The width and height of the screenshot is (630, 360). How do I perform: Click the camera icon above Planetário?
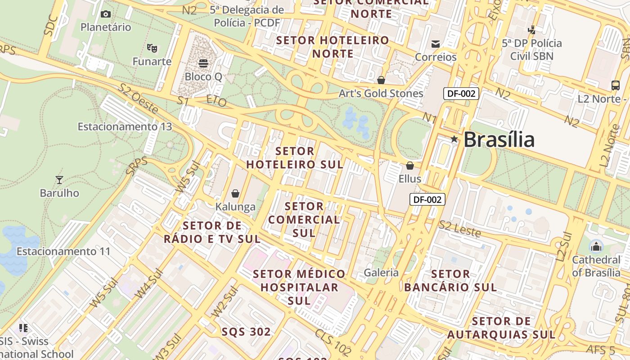tap(106, 14)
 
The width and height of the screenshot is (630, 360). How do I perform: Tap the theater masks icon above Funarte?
tap(152, 47)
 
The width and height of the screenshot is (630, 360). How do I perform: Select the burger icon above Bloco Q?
tap(203, 63)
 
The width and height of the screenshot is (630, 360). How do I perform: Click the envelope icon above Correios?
tap(435, 44)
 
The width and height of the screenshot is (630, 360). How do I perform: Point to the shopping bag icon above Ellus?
tap(409, 166)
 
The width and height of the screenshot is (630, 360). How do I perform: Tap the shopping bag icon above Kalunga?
tap(235, 193)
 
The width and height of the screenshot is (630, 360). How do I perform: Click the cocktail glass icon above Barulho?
tap(59, 180)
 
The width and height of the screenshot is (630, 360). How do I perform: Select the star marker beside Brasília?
tap(454, 139)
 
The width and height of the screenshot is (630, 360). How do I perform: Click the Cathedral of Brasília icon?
tap(596, 246)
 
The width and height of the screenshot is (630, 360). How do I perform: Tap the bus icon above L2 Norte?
tap(615, 85)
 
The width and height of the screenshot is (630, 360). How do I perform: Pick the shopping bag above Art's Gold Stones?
tap(381, 80)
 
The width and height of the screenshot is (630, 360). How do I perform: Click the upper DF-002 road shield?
tap(461, 94)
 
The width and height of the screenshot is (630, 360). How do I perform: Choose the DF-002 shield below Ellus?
tap(427, 199)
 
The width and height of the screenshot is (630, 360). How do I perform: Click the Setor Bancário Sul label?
tap(450, 280)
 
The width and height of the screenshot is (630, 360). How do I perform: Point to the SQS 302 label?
tap(246, 332)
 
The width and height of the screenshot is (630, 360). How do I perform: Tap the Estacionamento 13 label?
tap(125, 126)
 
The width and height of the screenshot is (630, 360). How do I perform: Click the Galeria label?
tap(381, 272)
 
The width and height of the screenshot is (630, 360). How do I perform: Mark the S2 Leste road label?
tap(460, 229)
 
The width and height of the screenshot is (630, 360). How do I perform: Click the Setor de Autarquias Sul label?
tap(501, 328)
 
